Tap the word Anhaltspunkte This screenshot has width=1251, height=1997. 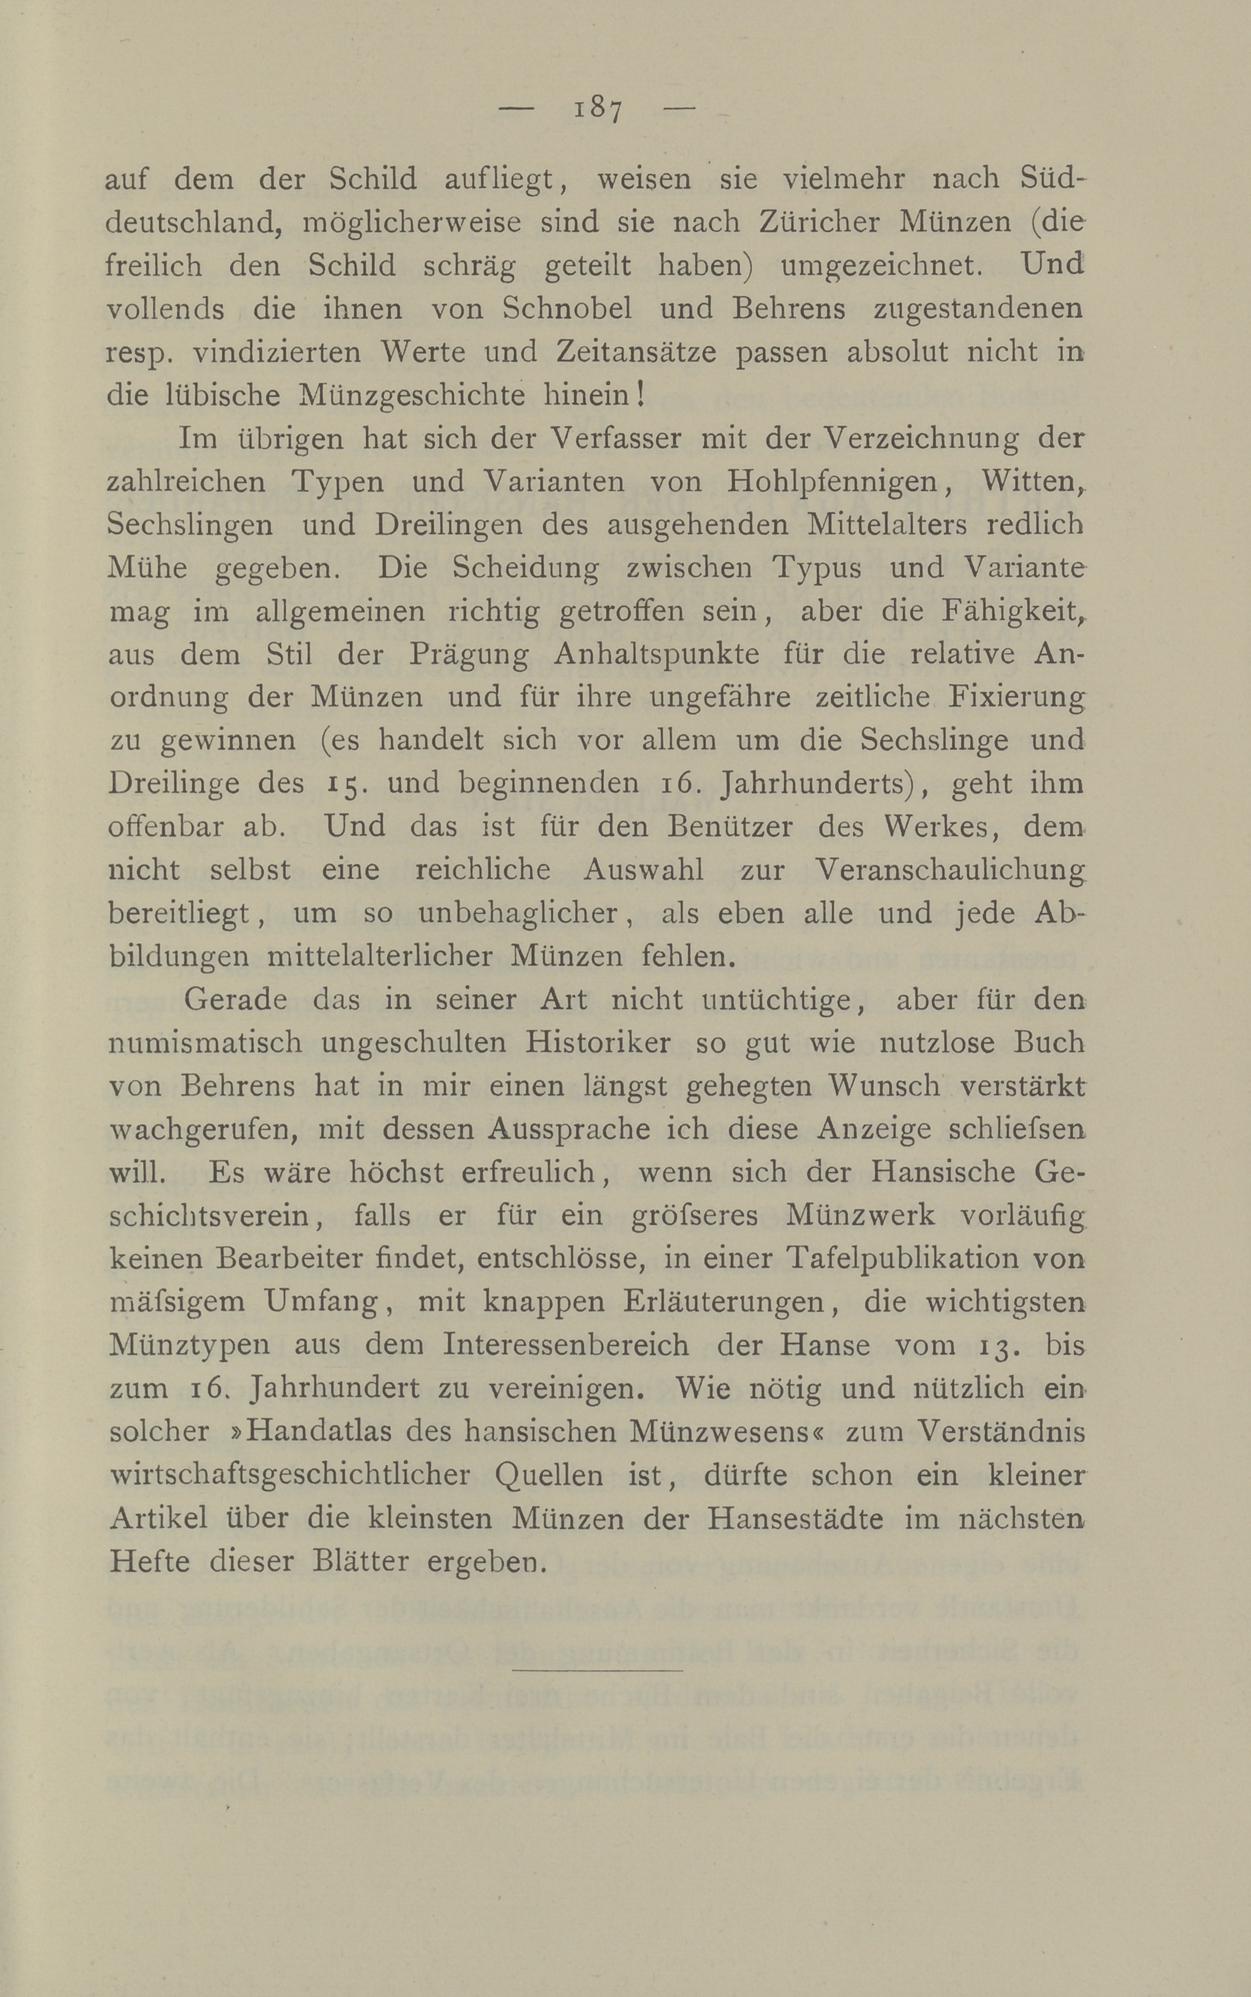pos(658,654)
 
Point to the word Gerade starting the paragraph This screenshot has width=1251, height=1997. pos(235,1000)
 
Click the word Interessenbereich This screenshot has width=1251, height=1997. pos(566,1345)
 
